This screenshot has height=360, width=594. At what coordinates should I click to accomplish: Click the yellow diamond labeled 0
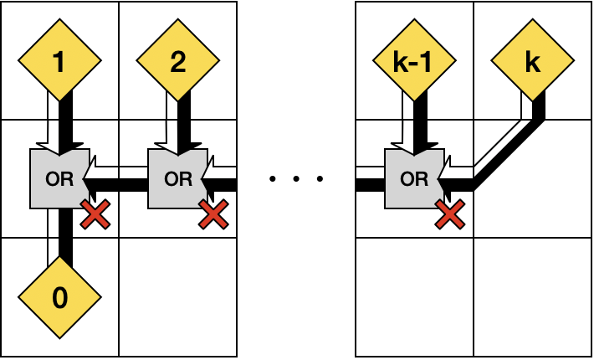[x=59, y=297]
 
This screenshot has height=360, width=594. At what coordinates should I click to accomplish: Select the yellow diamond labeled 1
[x=59, y=61]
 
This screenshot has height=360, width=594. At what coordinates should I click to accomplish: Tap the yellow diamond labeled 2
[x=177, y=61]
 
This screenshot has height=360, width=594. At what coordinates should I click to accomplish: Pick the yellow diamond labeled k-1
[x=414, y=61]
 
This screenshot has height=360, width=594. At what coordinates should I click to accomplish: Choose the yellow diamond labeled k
[x=532, y=61]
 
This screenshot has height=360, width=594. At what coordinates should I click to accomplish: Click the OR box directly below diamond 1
[x=59, y=178]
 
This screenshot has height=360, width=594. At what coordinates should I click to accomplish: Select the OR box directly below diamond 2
[x=177, y=178]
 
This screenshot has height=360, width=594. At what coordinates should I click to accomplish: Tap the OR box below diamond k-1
[x=413, y=178]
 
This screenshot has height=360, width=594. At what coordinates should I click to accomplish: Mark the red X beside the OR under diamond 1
[x=95, y=215]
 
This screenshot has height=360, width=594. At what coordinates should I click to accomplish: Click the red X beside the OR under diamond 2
[x=213, y=215]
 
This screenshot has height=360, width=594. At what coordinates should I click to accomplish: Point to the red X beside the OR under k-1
[x=450, y=215]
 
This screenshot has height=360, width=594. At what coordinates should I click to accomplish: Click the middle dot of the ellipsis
[x=296, y=178]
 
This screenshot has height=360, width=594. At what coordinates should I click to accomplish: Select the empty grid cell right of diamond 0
[x=177, y=297]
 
